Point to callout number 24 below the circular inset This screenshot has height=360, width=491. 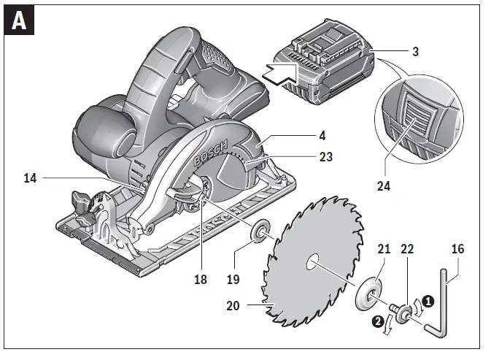point(383,185)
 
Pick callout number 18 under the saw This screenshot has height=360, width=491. point(201,279)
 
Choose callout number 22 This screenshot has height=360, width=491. point(407,249)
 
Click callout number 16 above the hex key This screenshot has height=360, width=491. point(457,249)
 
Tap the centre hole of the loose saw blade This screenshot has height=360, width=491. point(313,261)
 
